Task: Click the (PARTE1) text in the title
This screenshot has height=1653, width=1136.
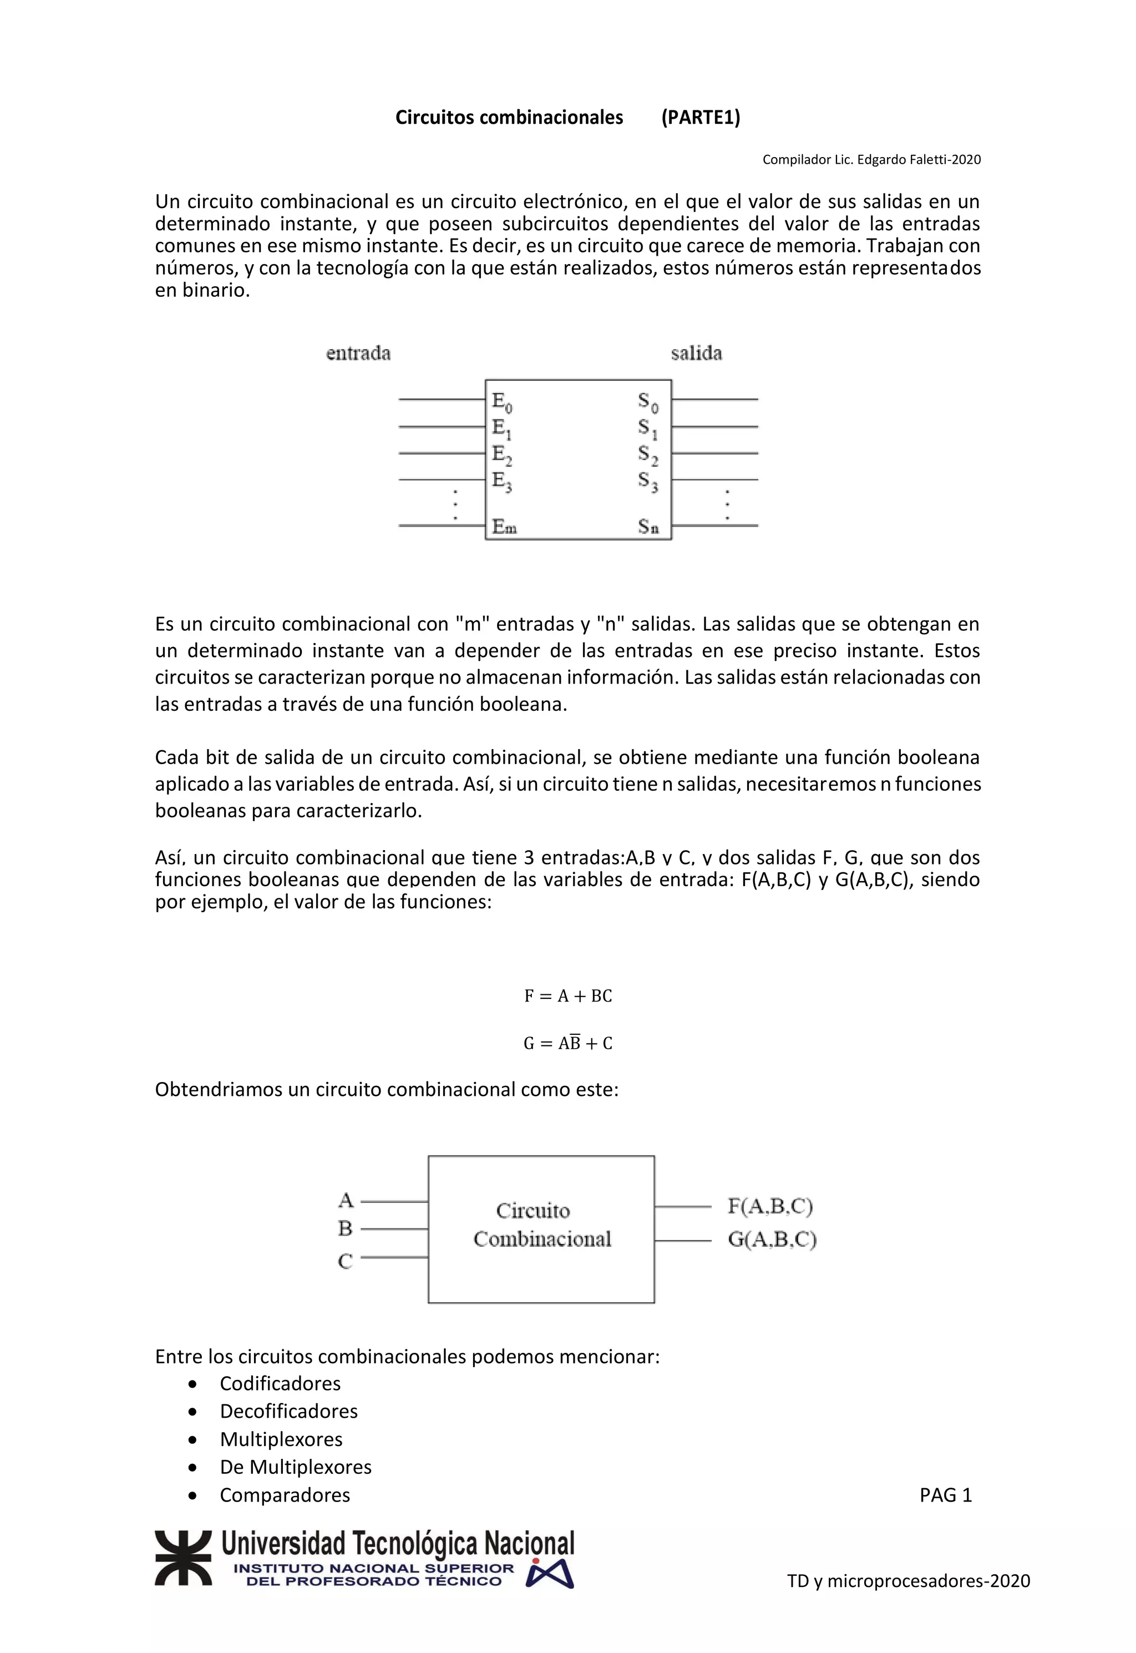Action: (701, 118)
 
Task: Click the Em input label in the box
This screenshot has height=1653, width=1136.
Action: (504, 527)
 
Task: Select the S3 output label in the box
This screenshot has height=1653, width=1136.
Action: (648, 482)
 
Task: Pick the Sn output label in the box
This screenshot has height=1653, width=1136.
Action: (648, 527)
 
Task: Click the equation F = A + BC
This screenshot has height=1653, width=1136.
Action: (568, 996)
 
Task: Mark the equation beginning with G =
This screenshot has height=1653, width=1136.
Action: (568, 1043)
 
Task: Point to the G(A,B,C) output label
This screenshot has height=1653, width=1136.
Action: (772, 1240)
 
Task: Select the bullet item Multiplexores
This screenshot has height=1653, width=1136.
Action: (281, 1439)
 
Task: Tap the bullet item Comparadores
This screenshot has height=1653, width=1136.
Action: (285, 1495)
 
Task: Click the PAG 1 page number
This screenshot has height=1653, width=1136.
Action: (945, 1495)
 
